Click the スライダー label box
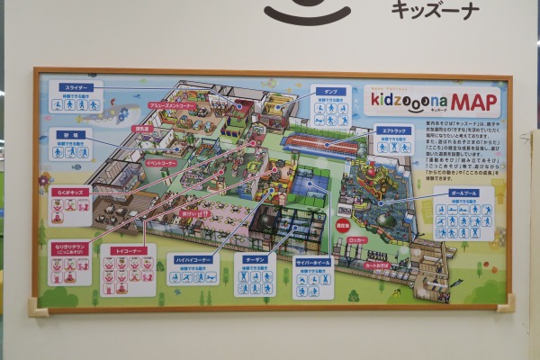pyautogui.click(x=76, y=88)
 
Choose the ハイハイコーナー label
pyautogui.click(x=192, y=259)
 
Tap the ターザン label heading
pyautogui.click(x=255, y=259)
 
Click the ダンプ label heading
pyautogui.click(x=330, y=91)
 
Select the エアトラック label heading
pyautogui.click(x=393, y=130)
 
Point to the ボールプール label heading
pyautogui.click(x=463, y=193)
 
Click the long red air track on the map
pyautogui.click(x=319, y=142)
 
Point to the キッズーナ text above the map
pyautogui.click(x=435, y=11)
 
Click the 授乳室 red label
pyautogui.click(x=140, y=129)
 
